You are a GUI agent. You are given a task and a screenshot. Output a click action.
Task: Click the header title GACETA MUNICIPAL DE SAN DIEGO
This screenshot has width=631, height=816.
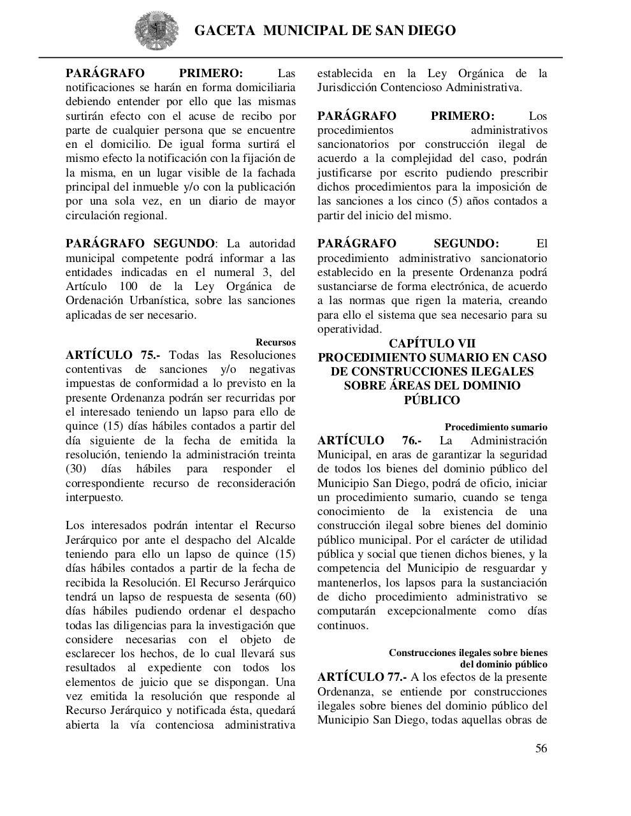point(324,31)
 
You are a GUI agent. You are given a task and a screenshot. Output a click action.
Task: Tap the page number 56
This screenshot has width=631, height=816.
point(540,748)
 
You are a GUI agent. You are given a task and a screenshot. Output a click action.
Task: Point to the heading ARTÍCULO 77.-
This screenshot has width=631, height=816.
point(361,677)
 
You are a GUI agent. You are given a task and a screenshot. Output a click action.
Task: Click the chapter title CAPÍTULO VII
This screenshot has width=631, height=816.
point(432,343)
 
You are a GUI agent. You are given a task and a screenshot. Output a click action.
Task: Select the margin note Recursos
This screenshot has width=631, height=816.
point(275,342)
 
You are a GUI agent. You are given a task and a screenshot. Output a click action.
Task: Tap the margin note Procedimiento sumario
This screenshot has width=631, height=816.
point(496,427)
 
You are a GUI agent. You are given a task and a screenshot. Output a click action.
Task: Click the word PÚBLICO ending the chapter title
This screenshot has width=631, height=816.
point(432,400)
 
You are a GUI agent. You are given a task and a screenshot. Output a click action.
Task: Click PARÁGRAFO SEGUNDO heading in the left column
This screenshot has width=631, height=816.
point(140,244)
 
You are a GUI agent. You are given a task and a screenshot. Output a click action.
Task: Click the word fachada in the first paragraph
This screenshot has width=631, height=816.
point(278,173)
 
